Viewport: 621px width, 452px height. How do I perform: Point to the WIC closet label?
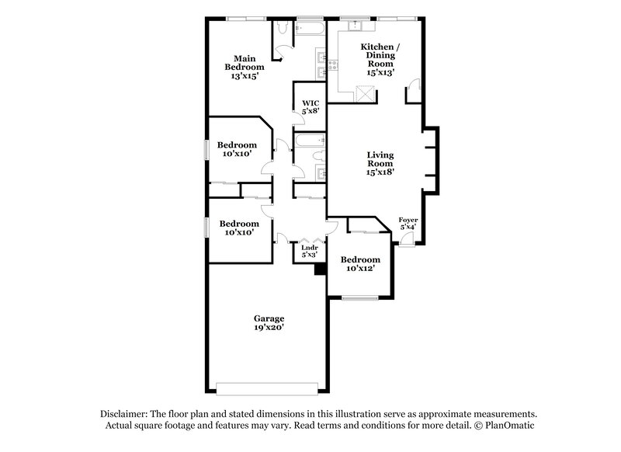click(x=310, y=102)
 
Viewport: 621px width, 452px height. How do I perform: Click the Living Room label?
click(x=380, y=159)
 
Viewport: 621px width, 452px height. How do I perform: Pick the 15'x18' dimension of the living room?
click(x=380, y=173)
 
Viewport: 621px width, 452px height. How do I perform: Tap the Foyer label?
click(x=408, y=220)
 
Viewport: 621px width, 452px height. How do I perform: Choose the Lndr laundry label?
click(x=310, y=248)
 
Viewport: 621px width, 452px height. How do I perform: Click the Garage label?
click(x=269, y=318)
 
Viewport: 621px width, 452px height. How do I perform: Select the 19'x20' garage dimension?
click(x=269, y=329)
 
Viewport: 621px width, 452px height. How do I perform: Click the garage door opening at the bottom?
click(x=266, y=388)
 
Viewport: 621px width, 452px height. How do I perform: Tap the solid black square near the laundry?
click(x=319, y=269)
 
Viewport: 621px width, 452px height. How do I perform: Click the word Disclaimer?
click(x=125, y=414)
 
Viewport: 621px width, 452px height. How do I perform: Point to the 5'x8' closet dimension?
click(x=310, y=111)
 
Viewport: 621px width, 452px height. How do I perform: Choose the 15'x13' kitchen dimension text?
click(x=380, y=71)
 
